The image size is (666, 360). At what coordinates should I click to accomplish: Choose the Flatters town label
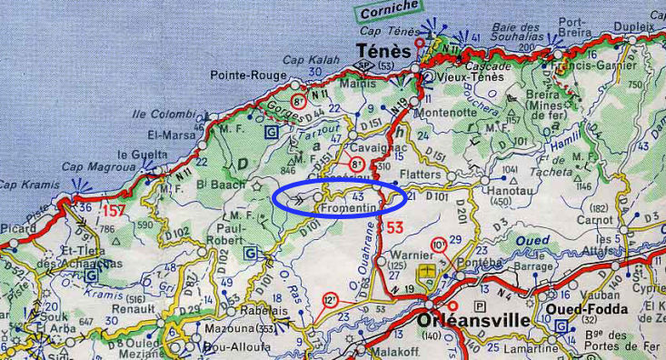[x=419, y=174]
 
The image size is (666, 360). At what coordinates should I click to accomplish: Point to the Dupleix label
[x=634, y=28]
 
